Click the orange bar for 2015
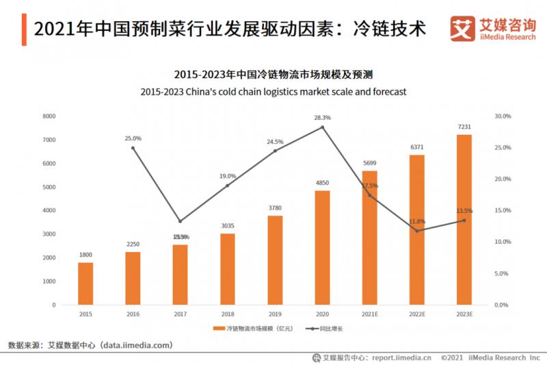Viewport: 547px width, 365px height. click(x=85, y=284)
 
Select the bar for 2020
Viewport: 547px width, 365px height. click(x=323, y=247)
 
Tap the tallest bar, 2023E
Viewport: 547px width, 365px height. click(x=464, y=219)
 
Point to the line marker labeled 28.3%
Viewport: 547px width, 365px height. click(x=323, y=127)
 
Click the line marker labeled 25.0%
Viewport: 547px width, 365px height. click(x=133, y=148)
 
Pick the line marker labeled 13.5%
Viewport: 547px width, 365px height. click(x=464, y=220)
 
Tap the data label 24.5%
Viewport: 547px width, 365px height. click(x=275, y=142)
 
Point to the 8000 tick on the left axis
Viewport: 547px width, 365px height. click(x=49, y=116)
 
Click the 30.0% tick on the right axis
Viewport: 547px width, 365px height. click(x=503, y=116)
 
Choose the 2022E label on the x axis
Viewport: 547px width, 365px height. click(x=417, y=314)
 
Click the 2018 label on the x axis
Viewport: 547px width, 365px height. click(x=228, y=314)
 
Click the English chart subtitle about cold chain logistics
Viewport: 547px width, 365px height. click(x=273, y=91)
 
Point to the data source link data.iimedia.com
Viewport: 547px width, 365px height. click(x=136, y=345)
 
